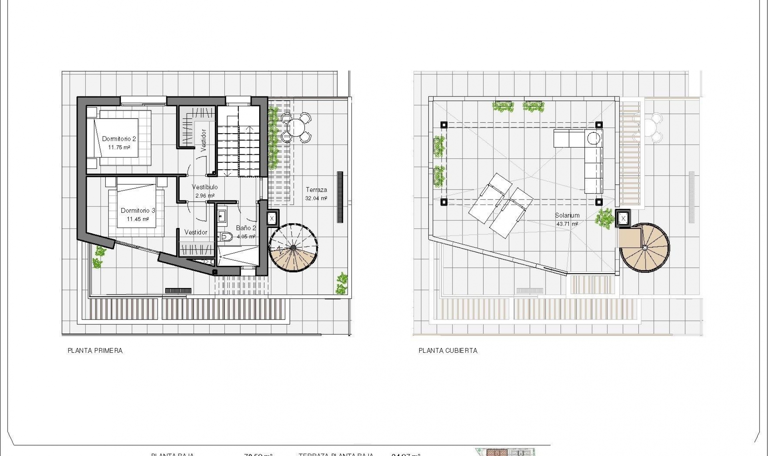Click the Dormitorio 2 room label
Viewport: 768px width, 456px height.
pyautogui.click(x=119, y=139)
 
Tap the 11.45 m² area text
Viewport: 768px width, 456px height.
pyautogui.click(x=138, y=219)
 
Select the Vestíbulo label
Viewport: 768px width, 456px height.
pyautogui.click(x=205, y=187)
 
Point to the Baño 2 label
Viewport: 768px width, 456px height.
pyautogui.click(x=246, y=228)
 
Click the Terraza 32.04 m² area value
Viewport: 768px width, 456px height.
pyautogui.click(x=316, y=198)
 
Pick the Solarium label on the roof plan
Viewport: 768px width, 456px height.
pyautogui.click(x=567, y=215)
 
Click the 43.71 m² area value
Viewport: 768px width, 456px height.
pyautogui.click(x=567, y=224)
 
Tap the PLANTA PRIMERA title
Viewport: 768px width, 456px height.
pyautogui.click(x=95, y=351)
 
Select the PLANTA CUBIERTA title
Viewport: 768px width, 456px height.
pyautogui.click(x=448, y=351)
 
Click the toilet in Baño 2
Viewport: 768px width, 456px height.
pyautogui.click(x=226, y=237)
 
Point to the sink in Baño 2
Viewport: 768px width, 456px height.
pyautogui.click(x=222, y=216)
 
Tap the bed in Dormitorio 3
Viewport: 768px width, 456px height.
pyautogui.click(x=136, y=208)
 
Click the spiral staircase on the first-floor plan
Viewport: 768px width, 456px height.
pyautogui.click(x=293, y=248)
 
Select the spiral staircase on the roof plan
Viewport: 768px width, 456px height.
pyautogui.click(x=644, y=248)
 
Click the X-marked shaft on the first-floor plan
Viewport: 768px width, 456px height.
pyautogui.click(x=272, y=218)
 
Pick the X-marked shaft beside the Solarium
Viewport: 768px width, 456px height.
pyautogui.click(x=623, y=218)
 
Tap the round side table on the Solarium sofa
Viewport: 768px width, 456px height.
pyautogui.click(x=594, y=138)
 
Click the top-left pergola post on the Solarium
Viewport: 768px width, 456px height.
pyautogui.click(x=444, y=125)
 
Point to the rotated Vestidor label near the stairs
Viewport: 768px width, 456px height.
pyautogui.click(x=203, y=140)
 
